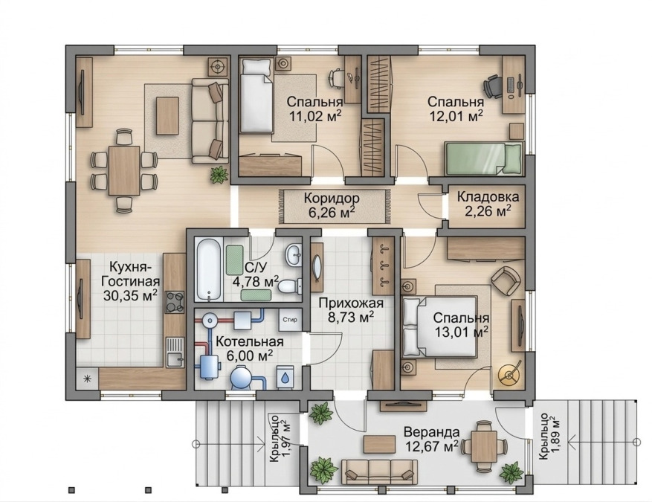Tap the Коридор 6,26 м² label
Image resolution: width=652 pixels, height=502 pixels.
(x=332, y=205)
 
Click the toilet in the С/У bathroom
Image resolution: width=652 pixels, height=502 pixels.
(x=289, y=286)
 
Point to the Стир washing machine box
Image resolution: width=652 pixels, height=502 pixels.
(x=290, y=320)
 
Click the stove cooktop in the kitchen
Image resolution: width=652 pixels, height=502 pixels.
(x=175, y=301)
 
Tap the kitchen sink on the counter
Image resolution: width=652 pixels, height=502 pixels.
(x=175, y=352)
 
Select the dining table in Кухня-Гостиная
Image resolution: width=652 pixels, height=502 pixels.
(x=124, y=170)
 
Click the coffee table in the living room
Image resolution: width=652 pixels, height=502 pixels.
(x=167, y=115)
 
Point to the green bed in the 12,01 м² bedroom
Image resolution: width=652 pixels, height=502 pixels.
(x=483, y=158)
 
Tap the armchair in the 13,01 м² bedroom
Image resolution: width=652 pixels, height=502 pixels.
(x=506, y=280)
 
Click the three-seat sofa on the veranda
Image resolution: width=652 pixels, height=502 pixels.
(x=379, y=471)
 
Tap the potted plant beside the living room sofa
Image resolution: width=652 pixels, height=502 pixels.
(x=219, y=174)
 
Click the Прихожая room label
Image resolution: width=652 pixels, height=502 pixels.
(x=350, y=303)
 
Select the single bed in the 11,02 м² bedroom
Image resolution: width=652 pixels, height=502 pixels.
(x=256, y=95)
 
